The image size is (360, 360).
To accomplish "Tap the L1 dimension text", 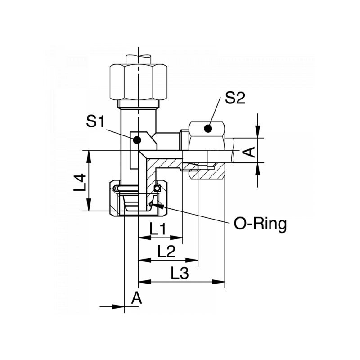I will [158, 230].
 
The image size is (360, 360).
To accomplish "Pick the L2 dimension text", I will [166, 252].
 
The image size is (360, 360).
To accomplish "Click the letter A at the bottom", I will [137, 297].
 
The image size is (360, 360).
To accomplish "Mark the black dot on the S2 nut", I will [207, 129].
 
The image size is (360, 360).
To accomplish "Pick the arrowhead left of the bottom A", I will [120, 307].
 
